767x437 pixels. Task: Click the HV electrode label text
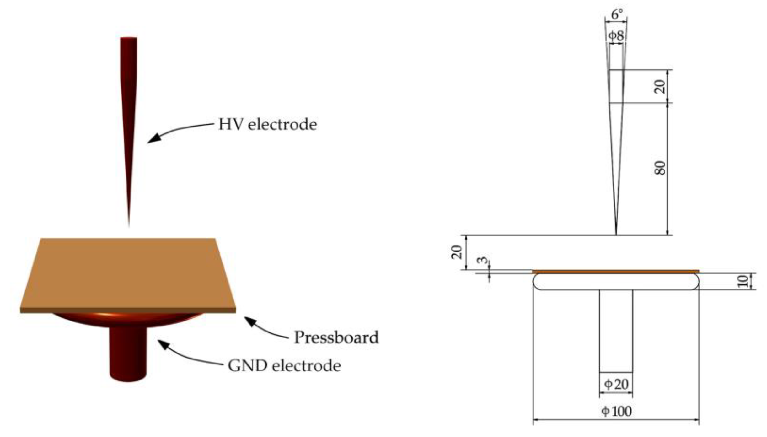click(x=267, y=125)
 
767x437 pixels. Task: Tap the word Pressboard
click(x=336, y=338)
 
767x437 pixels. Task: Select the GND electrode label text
click(x=284, y=366)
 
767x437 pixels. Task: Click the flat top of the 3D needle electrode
click(x=129, y=38)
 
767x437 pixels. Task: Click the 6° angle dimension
click(x=617, y=14)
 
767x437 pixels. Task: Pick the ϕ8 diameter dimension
click(x=616, y=36)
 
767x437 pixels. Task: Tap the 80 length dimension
click(x=660, y=168)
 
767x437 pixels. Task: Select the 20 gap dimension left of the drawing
click(x=457, y=252)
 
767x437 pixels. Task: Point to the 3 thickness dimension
click(x=483, y=260)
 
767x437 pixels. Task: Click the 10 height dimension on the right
click(x=743, y=281)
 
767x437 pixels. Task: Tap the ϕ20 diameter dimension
click(x=616, y=384)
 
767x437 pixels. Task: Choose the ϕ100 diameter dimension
click(x=616, y=411)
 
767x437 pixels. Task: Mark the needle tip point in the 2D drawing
click(x=616, y=234)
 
